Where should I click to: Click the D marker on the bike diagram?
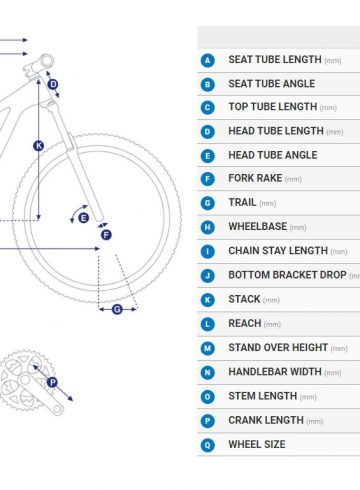(x=53, y=84)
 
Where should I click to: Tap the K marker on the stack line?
(x=39, y=146)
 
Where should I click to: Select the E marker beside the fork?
(x=84, y=218)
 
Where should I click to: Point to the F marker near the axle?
(x=106, y=235)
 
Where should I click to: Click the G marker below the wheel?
(x=117, y=309)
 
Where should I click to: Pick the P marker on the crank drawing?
(x=52, y=382)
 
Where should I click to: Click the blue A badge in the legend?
(x=208, y=61)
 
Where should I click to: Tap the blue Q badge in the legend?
(x=208, y=445)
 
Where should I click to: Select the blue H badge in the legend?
(x=208, y=227)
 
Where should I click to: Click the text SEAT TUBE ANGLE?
(x=272, y=83)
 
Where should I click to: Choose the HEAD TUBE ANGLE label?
(x=273, y=155)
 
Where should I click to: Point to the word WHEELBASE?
(x=258, y=227)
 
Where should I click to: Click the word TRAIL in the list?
(x=242, y=202)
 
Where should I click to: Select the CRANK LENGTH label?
(x=266, y=420)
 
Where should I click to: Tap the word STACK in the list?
(x=244, y=299)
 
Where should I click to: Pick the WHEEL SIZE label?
(x=257, y=444)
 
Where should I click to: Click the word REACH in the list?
(x=245, y=323)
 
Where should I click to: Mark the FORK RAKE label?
(x=255, y=178)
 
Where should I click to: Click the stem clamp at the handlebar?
(x=46, y=62)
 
